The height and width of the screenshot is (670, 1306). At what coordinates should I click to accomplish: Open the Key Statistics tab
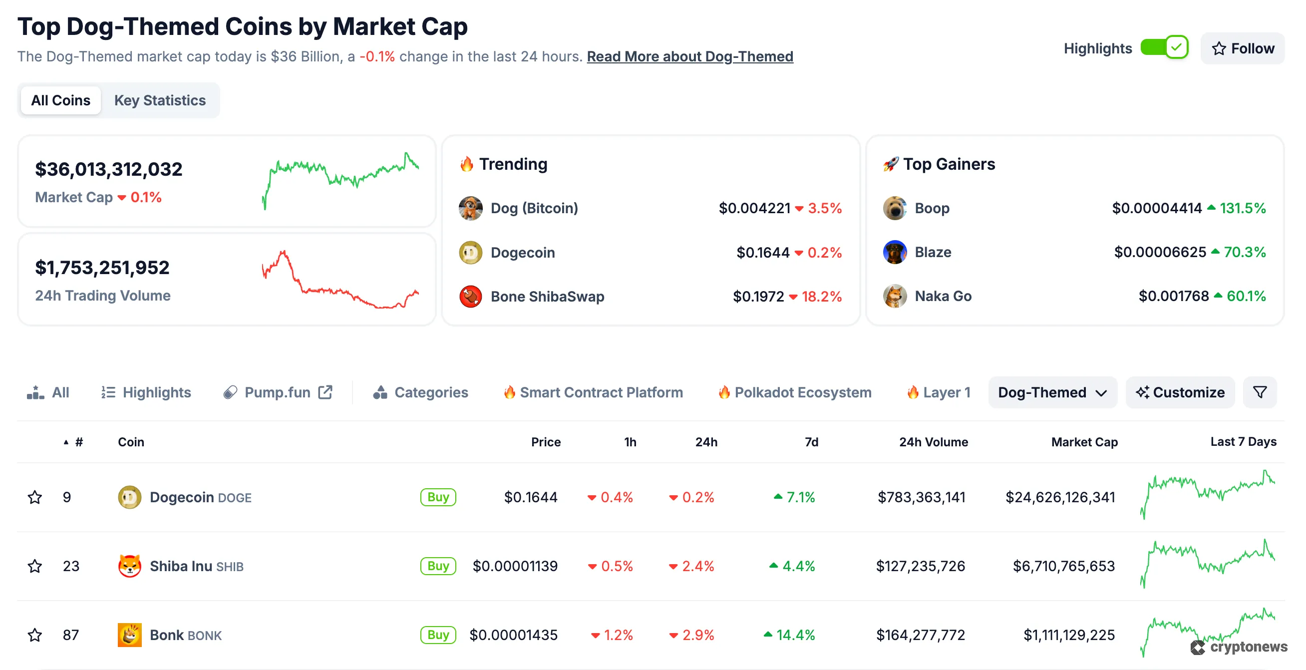(x=160, y=100)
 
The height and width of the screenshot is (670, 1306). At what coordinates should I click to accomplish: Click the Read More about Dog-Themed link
(x=689, y=56)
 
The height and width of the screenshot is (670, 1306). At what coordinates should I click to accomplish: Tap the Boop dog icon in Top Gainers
(x=894, y=208)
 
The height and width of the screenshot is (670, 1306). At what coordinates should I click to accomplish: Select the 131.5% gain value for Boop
(x=1242, y=208)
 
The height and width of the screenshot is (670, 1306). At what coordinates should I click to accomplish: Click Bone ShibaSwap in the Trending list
(x=547, y=296)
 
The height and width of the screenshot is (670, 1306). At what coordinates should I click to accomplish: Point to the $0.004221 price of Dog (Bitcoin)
(x=754, y=208)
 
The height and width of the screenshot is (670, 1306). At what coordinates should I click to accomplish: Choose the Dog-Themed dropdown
(x=1052, y=392)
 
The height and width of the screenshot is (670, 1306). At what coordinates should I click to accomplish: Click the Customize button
(x=1180, y=392)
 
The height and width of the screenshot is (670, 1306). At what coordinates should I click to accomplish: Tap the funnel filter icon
(x=1260, y=392)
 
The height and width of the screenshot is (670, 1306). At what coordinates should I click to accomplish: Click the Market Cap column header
(x=1084, y=442)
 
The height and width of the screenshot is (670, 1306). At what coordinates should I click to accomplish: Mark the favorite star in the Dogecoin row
(x=34, y=497)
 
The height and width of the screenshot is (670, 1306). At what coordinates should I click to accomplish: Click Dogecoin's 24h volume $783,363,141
(x=921, y=497)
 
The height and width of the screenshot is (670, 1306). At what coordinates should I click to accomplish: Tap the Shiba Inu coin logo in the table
(x=129, y=566)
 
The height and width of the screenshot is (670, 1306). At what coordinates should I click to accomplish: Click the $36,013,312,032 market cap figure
(x=108, y=169)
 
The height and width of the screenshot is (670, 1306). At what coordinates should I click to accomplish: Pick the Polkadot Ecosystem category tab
(x=802, y=392)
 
